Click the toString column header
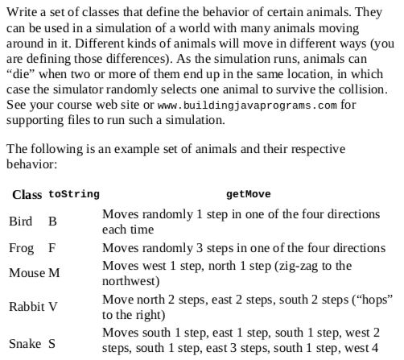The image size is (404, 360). [74, 195]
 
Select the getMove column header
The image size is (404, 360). [248, 195]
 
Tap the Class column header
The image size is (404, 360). [27, 195]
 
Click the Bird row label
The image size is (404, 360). [22, 221]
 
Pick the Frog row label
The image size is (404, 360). [22, 247]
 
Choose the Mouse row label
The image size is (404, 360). [27, 274]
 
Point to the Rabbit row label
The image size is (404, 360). [27, 307]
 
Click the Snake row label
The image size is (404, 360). [24, 345]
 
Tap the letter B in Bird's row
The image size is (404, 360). [52, 221]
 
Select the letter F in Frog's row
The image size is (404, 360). [52, 247]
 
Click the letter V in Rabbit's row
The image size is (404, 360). [53, 307]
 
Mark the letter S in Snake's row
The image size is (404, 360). [52, 345]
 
